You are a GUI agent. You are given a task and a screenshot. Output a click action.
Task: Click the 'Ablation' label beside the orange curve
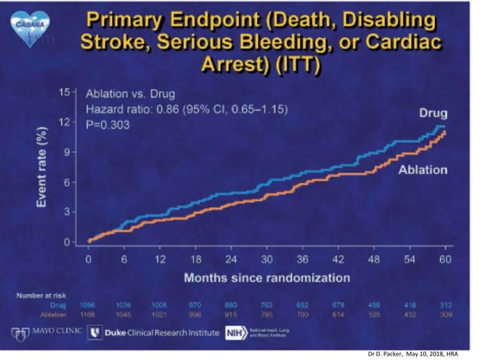[422, 169]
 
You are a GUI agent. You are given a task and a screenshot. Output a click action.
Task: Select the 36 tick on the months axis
[302, 259]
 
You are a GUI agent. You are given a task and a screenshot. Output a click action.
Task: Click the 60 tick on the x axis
[446, 259]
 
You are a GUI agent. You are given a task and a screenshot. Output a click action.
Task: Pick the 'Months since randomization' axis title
[267, 277]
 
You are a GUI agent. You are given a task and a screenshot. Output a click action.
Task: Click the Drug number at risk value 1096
[90, 304]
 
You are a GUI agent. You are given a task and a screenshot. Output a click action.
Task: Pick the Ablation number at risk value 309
[446, 313]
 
